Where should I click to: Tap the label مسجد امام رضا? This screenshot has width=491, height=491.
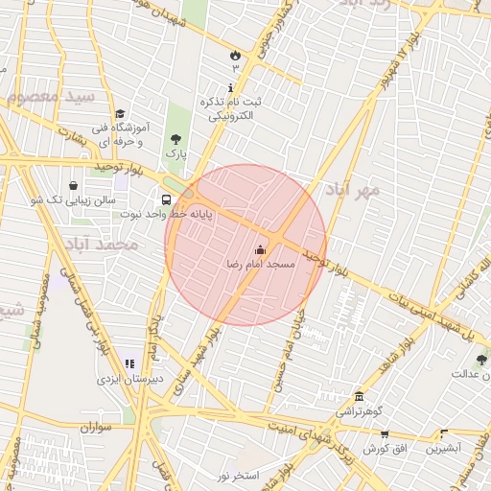[x=260, y=264]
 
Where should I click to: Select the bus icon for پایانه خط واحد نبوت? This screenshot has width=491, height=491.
[x=167, y=200]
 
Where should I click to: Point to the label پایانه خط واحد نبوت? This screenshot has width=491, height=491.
[x=167, y=215]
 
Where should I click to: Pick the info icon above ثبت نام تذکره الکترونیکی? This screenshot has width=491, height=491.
[x=230, y=87]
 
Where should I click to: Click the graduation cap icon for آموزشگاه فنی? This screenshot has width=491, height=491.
[x=120, y=113]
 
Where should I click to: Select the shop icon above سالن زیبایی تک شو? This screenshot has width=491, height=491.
[x=74, y=186]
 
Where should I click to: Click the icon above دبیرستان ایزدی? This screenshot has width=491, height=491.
[x=129, y=364]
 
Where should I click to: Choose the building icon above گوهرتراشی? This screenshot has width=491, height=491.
[x=359, y=397]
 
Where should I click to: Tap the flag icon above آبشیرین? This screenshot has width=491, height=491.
[x=442, y=433]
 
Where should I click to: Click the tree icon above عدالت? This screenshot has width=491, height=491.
[x=481, y=360]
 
